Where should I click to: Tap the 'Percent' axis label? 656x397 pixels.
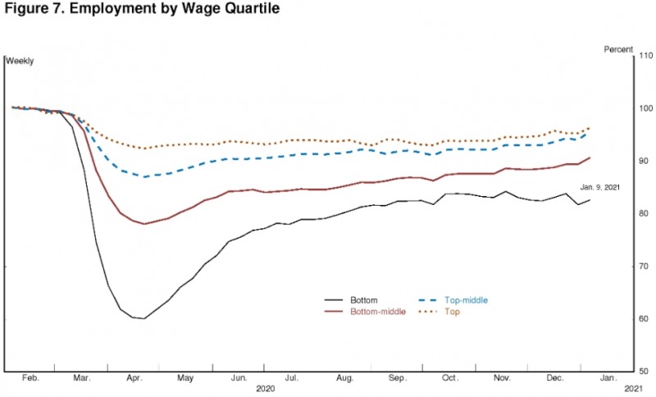click(x=618, y=49)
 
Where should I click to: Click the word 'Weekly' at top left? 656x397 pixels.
click(x=20, y=61)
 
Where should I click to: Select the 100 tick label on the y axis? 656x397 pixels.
click(x=645, y=108)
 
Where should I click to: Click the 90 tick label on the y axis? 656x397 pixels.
click(x=645, y=161)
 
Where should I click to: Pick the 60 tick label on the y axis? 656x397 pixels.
click(x=645, y=319)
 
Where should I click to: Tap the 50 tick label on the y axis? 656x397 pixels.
click(x=645, y=372)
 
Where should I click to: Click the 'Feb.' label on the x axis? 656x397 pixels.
click(x=30, y=379)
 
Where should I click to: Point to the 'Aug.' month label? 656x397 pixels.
click(x=344, y=379)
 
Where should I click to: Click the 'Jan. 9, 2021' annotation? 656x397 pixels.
click(x=600, y=187)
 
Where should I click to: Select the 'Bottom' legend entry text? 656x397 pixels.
click(x=364, y=300)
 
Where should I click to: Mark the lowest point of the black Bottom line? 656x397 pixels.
click(x=144, y=318)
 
